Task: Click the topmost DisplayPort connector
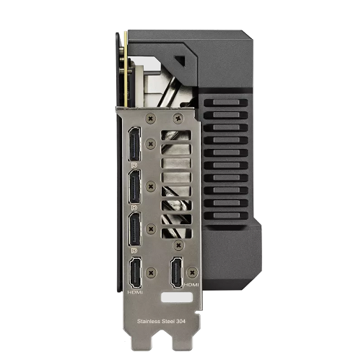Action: pyautogui.click(x=134, y=144)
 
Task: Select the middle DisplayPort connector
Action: pyautogui.click(x=134, y=187)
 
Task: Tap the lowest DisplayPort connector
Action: pyautogui.click(x=134, y=229)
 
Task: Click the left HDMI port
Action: pyautogui.click(x=135, y=273)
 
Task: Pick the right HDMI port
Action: pyautogui.click(x=177, y=273)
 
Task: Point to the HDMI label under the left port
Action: pyautogui.click(x=135, y=292)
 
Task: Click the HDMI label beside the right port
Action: pyautogui.click(x=191, y=285)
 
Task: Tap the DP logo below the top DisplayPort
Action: pyautogui.click(x=134, y=166)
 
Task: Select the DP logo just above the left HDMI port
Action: pyautogui.click(x=134, y=251)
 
